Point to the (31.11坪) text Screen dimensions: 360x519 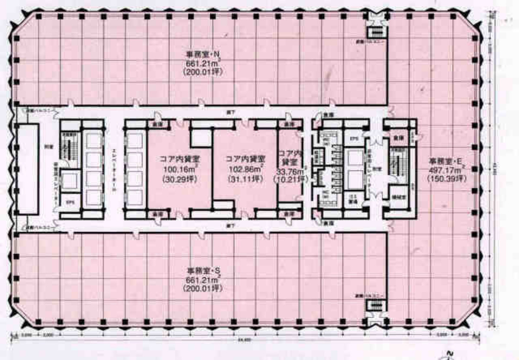[x=245, y=178]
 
